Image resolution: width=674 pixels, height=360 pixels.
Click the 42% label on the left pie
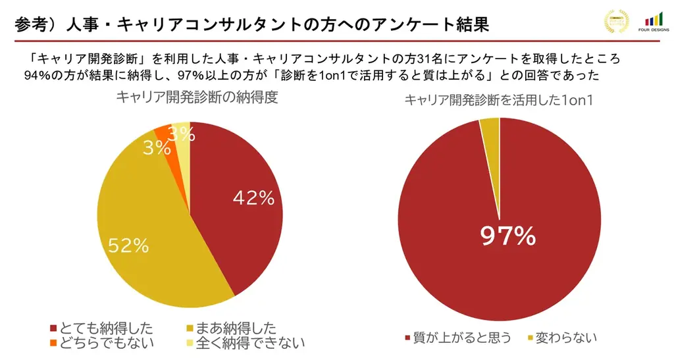click(x=253, y=198)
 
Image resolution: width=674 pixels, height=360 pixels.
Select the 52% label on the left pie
click(x=128, y=246)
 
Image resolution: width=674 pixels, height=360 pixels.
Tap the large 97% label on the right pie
click(x=507, y=236)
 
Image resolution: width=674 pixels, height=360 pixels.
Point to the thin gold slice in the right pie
click(x=491, y=132)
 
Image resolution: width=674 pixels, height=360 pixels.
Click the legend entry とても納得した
click(x=105, y=328)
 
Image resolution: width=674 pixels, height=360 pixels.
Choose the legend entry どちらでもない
click(x=106, y=343)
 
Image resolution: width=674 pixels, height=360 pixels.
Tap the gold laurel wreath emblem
click(x=617, y=22)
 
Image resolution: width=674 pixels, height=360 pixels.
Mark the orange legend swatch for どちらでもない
click(x=53, y=344)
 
